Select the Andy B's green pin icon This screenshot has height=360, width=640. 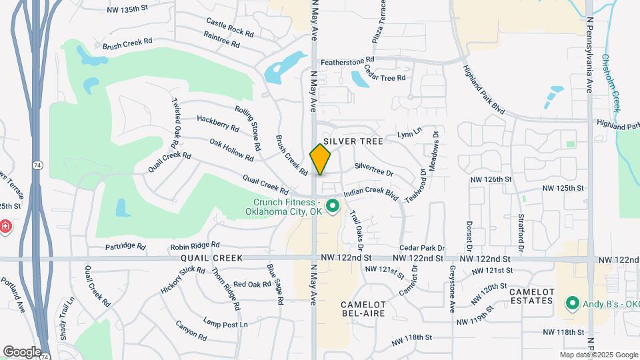pos(571,303)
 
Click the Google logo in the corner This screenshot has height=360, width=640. pos(22,351)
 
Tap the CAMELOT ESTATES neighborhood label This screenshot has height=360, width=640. pos(531,296)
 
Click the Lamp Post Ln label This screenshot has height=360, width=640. pos(225,323)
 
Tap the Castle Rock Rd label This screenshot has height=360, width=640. pos(230,27)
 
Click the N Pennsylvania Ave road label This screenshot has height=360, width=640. pos(589,54)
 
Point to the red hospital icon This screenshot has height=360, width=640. pos(5,227)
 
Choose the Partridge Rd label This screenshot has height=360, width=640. pos(125,247)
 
